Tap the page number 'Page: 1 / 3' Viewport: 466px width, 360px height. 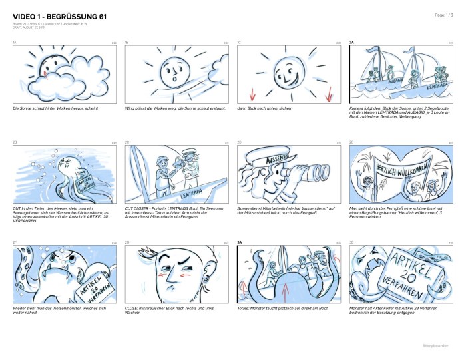[445, 14]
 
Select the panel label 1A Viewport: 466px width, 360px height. [15, 43]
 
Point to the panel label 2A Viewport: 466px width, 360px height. [352, 43]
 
